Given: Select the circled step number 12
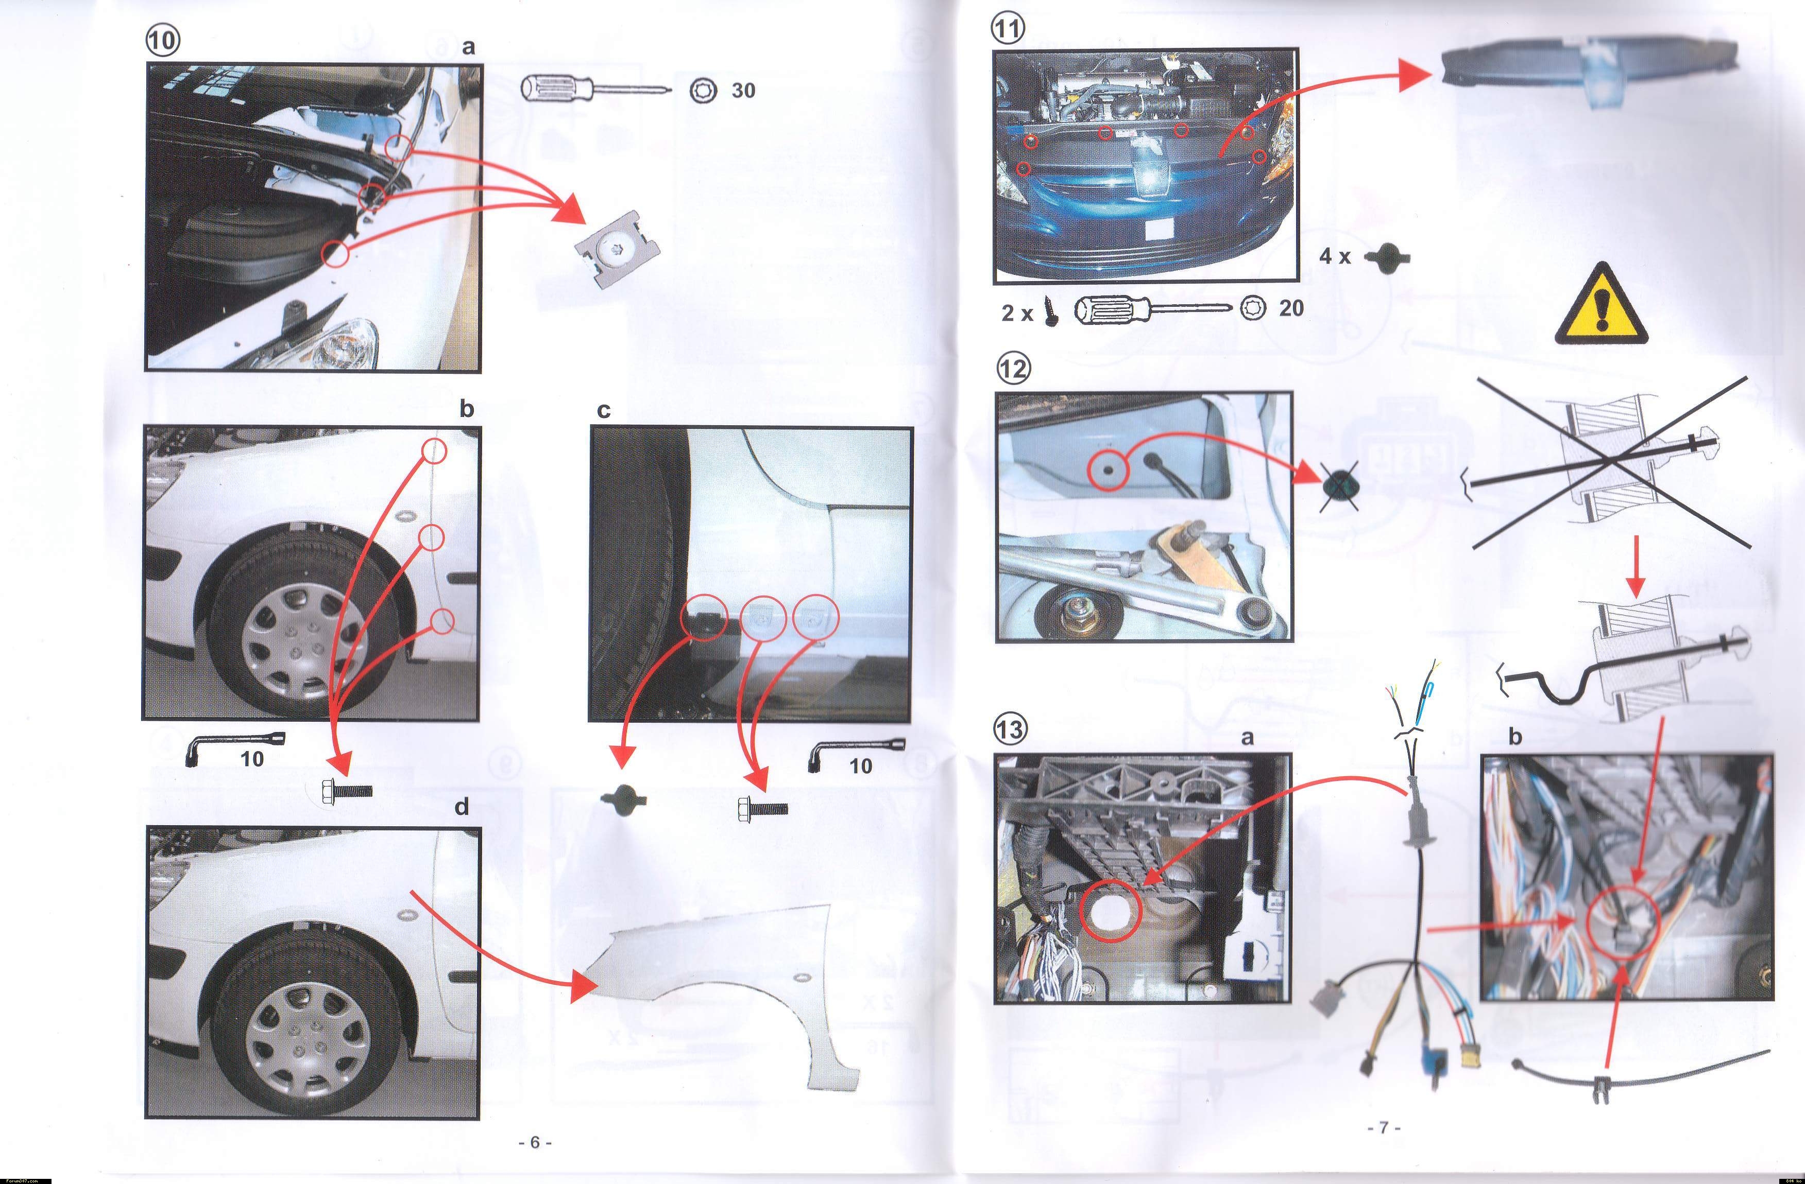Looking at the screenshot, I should [1014, 369].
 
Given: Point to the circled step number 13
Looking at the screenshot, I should [1011, 729].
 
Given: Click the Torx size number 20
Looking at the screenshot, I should [1291, 308].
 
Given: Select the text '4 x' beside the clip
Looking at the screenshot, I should [1335, 256].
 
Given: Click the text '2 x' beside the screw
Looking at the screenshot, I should [1017, 313].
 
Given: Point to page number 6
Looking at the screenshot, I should [535, 1142].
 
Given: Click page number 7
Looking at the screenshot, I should [1383, 1128].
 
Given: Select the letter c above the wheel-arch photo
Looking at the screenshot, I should [604, 410].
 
